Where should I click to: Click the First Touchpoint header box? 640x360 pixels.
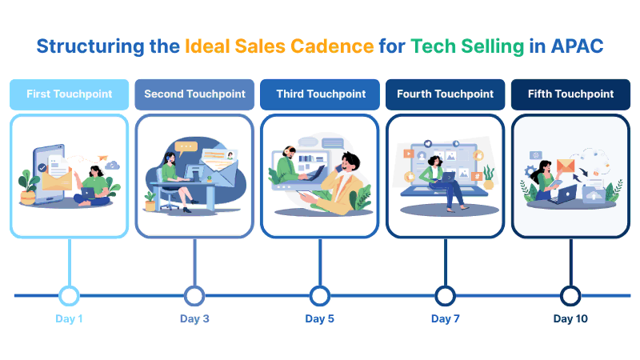pyautogui.click(x=70, y=94)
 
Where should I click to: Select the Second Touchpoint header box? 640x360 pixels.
pyautogui.click(x=194, y=94)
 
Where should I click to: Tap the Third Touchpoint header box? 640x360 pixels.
pyautogui.click(x=320, y=94)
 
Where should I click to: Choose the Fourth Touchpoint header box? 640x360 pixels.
pyautogui.click(x=446, y=94)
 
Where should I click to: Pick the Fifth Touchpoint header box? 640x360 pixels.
pyautogui.click(x=570, y=94)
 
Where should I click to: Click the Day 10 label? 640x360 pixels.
pyautogui.click(x=570, y=318)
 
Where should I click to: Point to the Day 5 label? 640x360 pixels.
pyautogui.click(x=319, y=318)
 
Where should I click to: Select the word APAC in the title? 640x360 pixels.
pyautogui.click(x=577, y=46)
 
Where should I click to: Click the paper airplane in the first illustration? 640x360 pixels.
pyautogui.click(x=102, y=158)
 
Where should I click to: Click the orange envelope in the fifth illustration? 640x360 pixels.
pyautogui.click(x=566, y=166)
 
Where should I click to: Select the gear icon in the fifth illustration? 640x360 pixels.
pyautogui.click(x=530, y=170)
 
